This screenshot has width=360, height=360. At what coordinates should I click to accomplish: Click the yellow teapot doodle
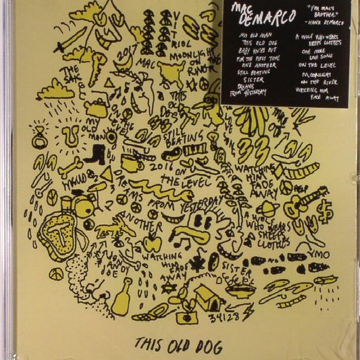(x=98, y=107)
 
